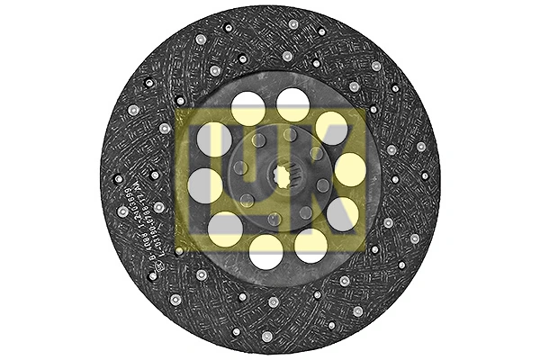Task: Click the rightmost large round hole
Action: (x=350, y=168)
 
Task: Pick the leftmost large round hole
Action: (x=204, y=185)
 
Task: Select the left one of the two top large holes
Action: (x=247, y=110)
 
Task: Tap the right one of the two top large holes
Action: (x=292, y=104)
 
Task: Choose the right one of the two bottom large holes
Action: (x=311, y=244)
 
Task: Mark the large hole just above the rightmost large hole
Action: (x=331, y=127)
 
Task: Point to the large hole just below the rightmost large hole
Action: (x=342, y=214)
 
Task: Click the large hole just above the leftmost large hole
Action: (x=214, y=140)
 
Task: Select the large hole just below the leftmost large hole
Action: (x=224, y=228)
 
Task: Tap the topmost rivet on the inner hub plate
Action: (x=289, y=134)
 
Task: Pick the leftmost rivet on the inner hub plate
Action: (x=239, y=168)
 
